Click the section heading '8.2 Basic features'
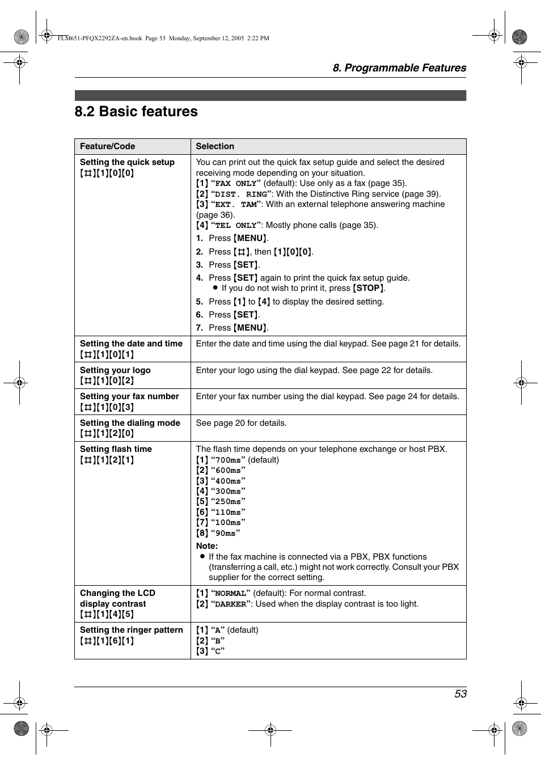coord(136,112)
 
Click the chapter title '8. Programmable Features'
coord(399,68)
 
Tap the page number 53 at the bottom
coord(460,694)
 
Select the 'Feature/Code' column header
coord(107,146)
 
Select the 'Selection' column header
coord(215,146)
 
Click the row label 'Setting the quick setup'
coord(127,162)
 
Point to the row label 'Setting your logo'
coord(115,370)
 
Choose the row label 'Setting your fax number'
coord(129,396)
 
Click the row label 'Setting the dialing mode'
coord(130,423)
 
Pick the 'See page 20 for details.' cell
coord(241,423)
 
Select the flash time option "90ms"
coord(225,534)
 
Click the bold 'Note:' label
coord(207,546)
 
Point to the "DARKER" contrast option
coord(231,604)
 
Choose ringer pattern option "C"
coord(218,651)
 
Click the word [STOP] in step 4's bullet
coord(369,289)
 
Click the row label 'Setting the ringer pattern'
coord(132,630)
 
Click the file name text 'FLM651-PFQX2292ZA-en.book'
coord(100,39)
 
